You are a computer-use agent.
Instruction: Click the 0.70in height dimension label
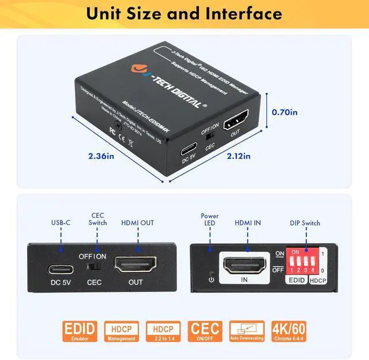click(x=284, y=113)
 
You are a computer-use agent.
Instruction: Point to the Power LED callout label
click(x=210, y=219)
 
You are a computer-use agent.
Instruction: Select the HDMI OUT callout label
click(x=137, y=223)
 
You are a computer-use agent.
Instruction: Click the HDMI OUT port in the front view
click(x=136, y=266)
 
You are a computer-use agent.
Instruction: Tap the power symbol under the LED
click(x=212, y=280)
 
